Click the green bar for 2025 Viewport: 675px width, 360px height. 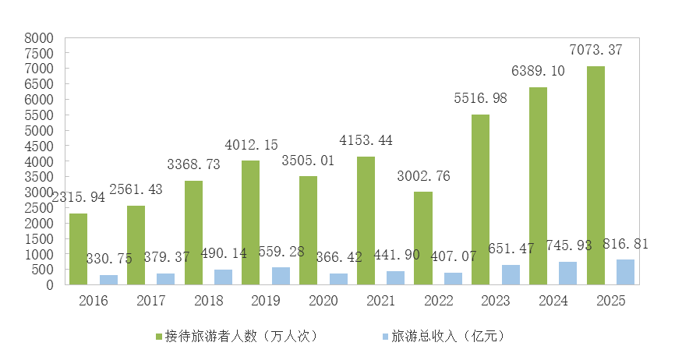pos(595,175)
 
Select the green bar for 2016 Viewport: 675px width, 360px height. pos(78,249)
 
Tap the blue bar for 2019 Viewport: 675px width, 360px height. pos(281,276)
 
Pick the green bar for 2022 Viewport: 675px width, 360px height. pos(423,238)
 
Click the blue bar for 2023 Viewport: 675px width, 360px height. pos(511,274)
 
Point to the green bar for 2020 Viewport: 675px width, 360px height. pos(308,230)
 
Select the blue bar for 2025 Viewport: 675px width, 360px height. pos(625,272)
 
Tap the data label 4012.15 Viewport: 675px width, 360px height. pos(252,145)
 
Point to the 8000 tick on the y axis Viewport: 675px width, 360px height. pos(39,37)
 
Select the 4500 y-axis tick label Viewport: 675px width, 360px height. pos(39,146)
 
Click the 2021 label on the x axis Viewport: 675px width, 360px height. pos(380,300)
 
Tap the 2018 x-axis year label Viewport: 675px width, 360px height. pos(208,300)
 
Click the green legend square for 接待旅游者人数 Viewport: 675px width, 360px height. pos(159,337)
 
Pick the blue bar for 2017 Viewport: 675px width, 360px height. pos(165,279)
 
